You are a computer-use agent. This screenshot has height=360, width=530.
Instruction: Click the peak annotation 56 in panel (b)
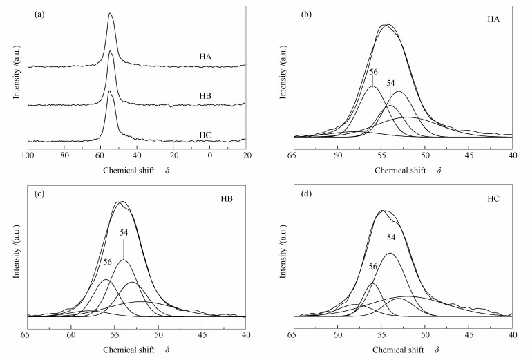pyautogui.click(x=373, y=71)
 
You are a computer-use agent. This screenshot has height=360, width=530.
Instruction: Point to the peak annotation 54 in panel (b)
pyautogui.click(x=390, y=83)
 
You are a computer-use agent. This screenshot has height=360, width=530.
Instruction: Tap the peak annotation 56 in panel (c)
pyautogui.click(x=107, y=262)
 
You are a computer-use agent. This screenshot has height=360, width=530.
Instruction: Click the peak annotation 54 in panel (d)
pyautogui.click(x=391, y=238)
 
